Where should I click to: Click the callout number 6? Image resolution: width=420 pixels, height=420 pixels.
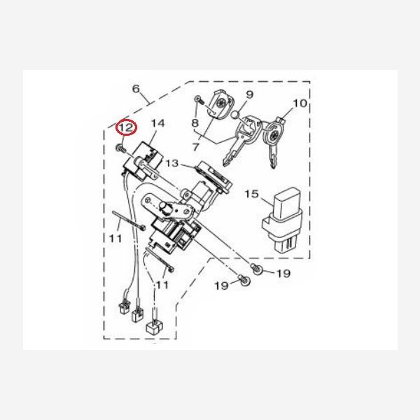136,89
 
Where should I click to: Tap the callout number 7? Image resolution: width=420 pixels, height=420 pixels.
196,147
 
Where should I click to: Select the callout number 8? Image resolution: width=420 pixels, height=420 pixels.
195,123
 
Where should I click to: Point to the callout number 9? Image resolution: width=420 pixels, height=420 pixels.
249,94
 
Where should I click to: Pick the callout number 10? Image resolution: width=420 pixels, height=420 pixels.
300,103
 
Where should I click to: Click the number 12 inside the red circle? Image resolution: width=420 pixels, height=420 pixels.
126,127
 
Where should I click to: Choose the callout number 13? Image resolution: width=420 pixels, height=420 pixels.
171,163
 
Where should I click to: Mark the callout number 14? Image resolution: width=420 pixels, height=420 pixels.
158,123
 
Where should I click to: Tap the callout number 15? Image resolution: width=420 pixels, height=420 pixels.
252,194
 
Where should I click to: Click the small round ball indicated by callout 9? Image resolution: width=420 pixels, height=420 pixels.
235,115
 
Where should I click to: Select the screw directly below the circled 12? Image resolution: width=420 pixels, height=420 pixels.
121,148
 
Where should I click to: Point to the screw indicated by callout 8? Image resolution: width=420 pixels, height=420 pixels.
199,99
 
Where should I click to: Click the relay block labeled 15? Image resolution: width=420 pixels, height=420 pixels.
282,219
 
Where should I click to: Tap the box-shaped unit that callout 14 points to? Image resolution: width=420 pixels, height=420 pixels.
143,161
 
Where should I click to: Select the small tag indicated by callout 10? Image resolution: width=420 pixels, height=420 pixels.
281,121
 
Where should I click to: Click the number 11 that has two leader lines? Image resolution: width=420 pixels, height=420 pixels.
162,284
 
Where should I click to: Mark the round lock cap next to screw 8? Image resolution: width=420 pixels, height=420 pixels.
220,104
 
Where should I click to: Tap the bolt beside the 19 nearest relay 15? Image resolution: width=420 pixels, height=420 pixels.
256,269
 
